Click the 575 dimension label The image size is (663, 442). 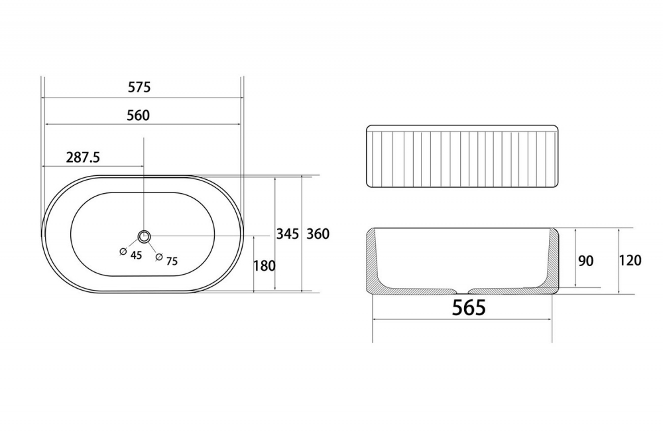(x=139, y=87)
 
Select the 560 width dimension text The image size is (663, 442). (x=139, y=115)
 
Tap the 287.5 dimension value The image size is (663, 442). (x=83, y=157)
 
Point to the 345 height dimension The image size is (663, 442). (x=288, y=234)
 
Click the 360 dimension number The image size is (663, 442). (x=318, y=234)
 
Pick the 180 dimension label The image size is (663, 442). (x=265, y=266)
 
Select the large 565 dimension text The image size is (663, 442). (x=469, y=307)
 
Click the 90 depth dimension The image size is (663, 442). (x=585, y=261)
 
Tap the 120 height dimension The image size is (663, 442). (x=630, y=260)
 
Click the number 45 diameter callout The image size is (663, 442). (x=136, y=256)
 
